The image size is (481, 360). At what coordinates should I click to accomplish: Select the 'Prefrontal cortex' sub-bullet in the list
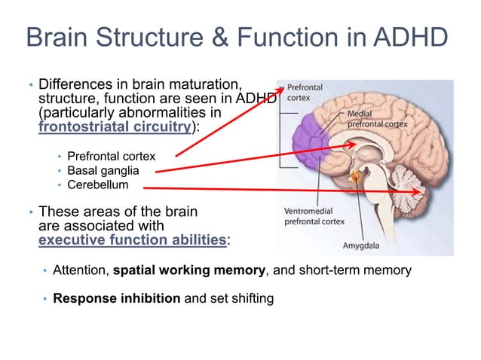[x=111, y=156]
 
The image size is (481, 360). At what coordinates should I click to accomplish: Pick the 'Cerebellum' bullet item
[x=97, y=185]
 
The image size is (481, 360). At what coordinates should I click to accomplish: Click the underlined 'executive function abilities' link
[x=132, y=239]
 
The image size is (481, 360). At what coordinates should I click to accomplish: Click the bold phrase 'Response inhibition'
[x=116, y=298]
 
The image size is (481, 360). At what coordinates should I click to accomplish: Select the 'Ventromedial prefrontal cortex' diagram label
[x=315, y=216]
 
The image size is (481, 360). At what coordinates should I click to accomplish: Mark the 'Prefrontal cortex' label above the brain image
[x=305, y=93]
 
